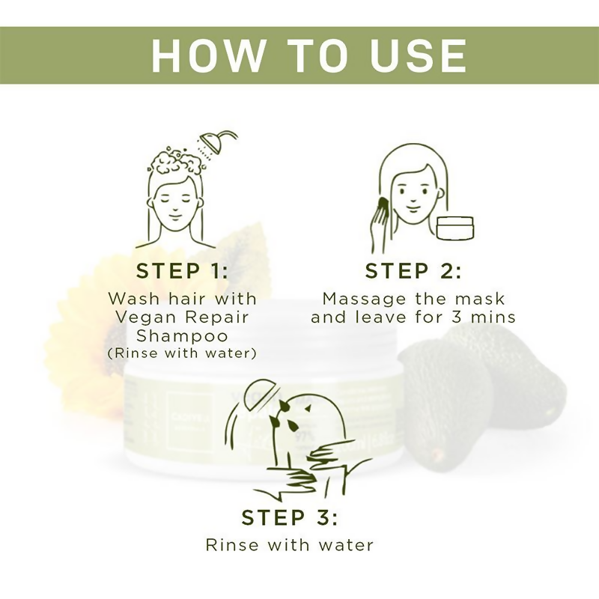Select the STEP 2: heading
pos(413,270)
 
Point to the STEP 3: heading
pos(289,517)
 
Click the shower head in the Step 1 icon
pos(213,142)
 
